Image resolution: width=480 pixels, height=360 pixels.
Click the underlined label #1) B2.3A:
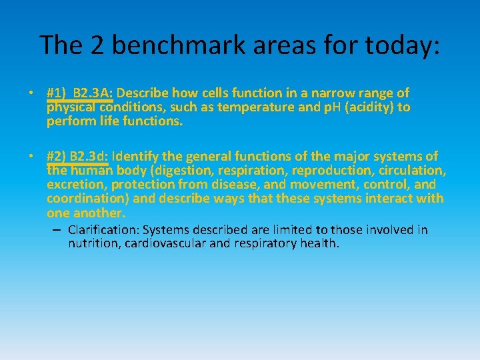point(80,93)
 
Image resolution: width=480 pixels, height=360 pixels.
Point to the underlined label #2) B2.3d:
point(77,157)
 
